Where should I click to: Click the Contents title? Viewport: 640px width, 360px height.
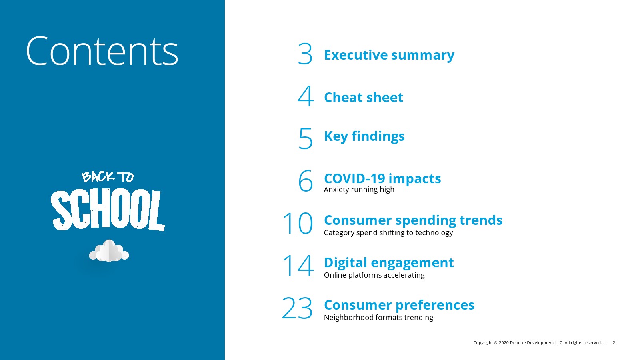[x=102, y=51]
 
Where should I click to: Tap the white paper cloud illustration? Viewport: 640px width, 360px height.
[x=109, y=250]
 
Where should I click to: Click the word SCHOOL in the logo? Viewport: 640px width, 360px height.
[x=108, y=210]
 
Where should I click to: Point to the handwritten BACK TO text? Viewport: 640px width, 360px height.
[x=108, y=177]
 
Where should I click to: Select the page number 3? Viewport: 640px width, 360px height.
[x=305, y=54]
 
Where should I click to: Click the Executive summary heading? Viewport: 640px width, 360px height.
[x=389, y=55]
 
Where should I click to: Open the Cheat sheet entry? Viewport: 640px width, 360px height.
[x=364, y=97]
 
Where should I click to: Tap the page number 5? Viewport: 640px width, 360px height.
[x=306, y=138]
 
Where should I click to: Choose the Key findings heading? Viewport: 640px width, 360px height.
[x=364, y=136]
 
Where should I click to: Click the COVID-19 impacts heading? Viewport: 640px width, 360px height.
[x=382, y=178]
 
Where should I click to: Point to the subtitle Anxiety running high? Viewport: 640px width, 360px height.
[x=359, y=190]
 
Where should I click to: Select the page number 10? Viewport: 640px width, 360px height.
[x=298, y=223]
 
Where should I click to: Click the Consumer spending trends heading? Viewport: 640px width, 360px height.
[x=413, y=220]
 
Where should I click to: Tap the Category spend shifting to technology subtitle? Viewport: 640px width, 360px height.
[x=388, y=232]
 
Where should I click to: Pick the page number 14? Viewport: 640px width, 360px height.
[x=298, y=266]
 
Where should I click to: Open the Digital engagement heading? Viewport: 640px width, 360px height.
[x=389, y=263]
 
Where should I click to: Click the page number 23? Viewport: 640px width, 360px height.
[x=297, y=308]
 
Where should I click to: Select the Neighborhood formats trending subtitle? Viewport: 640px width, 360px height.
[x=378, y=318]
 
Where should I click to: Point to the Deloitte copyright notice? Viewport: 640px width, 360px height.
[x=538, y=342]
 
